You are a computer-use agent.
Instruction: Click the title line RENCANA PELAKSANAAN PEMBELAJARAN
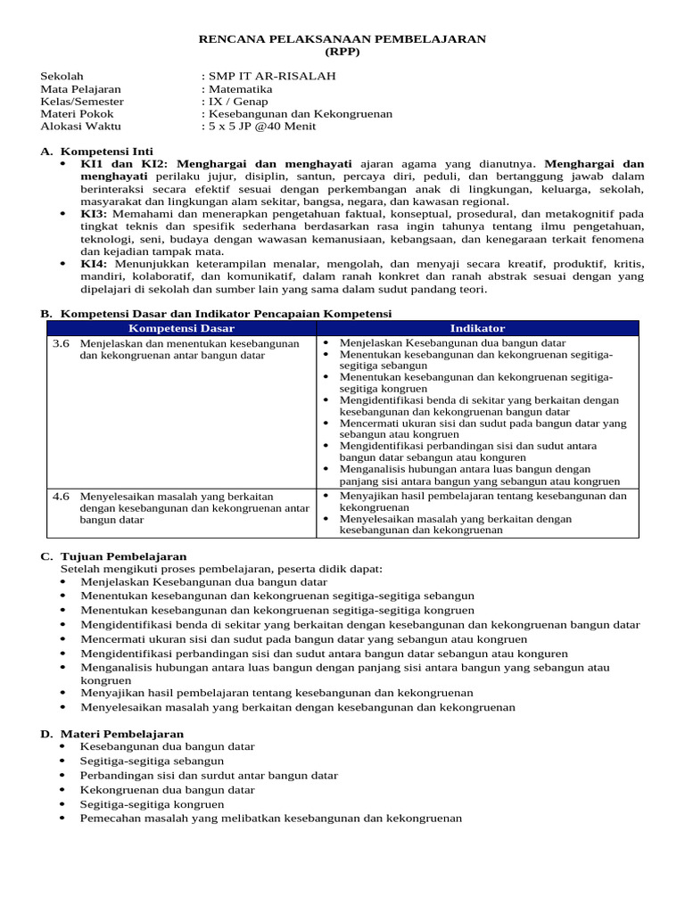coord(342,39)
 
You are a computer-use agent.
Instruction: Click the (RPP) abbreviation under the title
coord(342,52)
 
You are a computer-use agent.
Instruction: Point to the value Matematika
coord(240,89)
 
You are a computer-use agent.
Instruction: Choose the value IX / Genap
coord(238,102)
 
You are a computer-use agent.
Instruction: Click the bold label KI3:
coord(94,214)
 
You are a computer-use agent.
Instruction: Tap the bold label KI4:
coord(94,264)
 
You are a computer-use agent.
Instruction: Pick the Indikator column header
coord(477,328)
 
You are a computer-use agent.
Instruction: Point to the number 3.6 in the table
coord(61,343)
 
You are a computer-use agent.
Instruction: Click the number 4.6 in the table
coord(61,496)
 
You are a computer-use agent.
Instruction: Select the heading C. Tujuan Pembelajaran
coord(113,556)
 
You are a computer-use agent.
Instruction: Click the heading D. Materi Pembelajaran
coord(111,734)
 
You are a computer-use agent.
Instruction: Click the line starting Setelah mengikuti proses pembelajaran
coord(221,569)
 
